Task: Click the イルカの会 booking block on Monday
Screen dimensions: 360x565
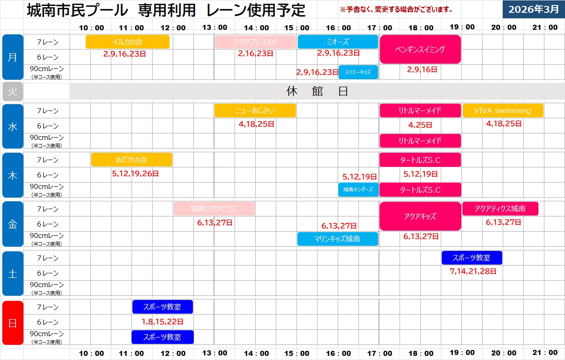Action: click(127, 42)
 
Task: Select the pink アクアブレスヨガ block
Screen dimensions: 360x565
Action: click(255, 42)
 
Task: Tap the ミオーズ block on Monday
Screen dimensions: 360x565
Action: click(338, 42)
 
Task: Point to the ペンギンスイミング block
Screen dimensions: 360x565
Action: click(420, 49)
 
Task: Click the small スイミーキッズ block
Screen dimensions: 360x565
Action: click(358, 72)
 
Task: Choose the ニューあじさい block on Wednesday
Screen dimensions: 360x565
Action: click(255, 111)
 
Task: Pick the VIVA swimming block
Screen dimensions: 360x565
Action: click(503, 111)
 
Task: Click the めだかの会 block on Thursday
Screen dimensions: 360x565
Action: click(132, 160)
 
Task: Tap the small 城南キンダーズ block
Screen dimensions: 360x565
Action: click(358, 189)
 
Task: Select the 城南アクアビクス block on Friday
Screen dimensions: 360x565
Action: click(214, 209)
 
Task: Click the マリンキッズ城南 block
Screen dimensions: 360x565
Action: click(338, 239)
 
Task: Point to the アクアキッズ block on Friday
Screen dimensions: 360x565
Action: click(420, 216)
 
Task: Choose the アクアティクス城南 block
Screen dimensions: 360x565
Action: click(500, 209)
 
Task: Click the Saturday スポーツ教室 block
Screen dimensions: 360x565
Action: click(472, 258)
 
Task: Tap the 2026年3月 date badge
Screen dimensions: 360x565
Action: click(533, 9)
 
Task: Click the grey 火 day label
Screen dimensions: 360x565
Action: click(12, 91)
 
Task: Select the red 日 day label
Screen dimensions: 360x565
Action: click(12, 322)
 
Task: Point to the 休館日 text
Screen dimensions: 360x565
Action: click(317, 91)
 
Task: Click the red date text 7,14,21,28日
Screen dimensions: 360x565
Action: click(473, 271)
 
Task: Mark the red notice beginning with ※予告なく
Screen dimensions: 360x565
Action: click(396, 9)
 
